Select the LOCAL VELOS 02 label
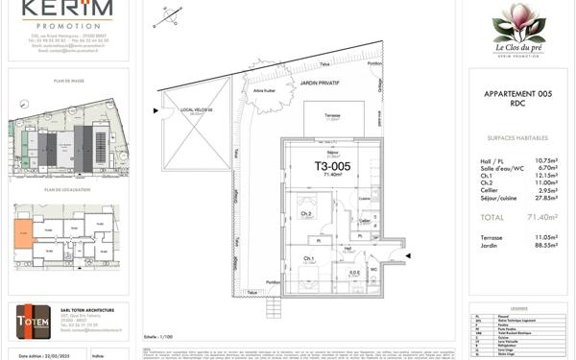pyautogui.click(x=196, y=110)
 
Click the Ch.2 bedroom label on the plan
pyautogui.click(x=305, y=214)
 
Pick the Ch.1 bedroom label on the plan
pyautogui.click(x=309, y=258)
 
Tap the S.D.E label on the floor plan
pyautogui.click(x=354, y=272)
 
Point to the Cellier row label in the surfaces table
pyautogui.click(x=491, y=190)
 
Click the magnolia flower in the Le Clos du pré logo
pyautogui.click(x=518, y=21)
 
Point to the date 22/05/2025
pyautogui.click(x=57, y=353)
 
